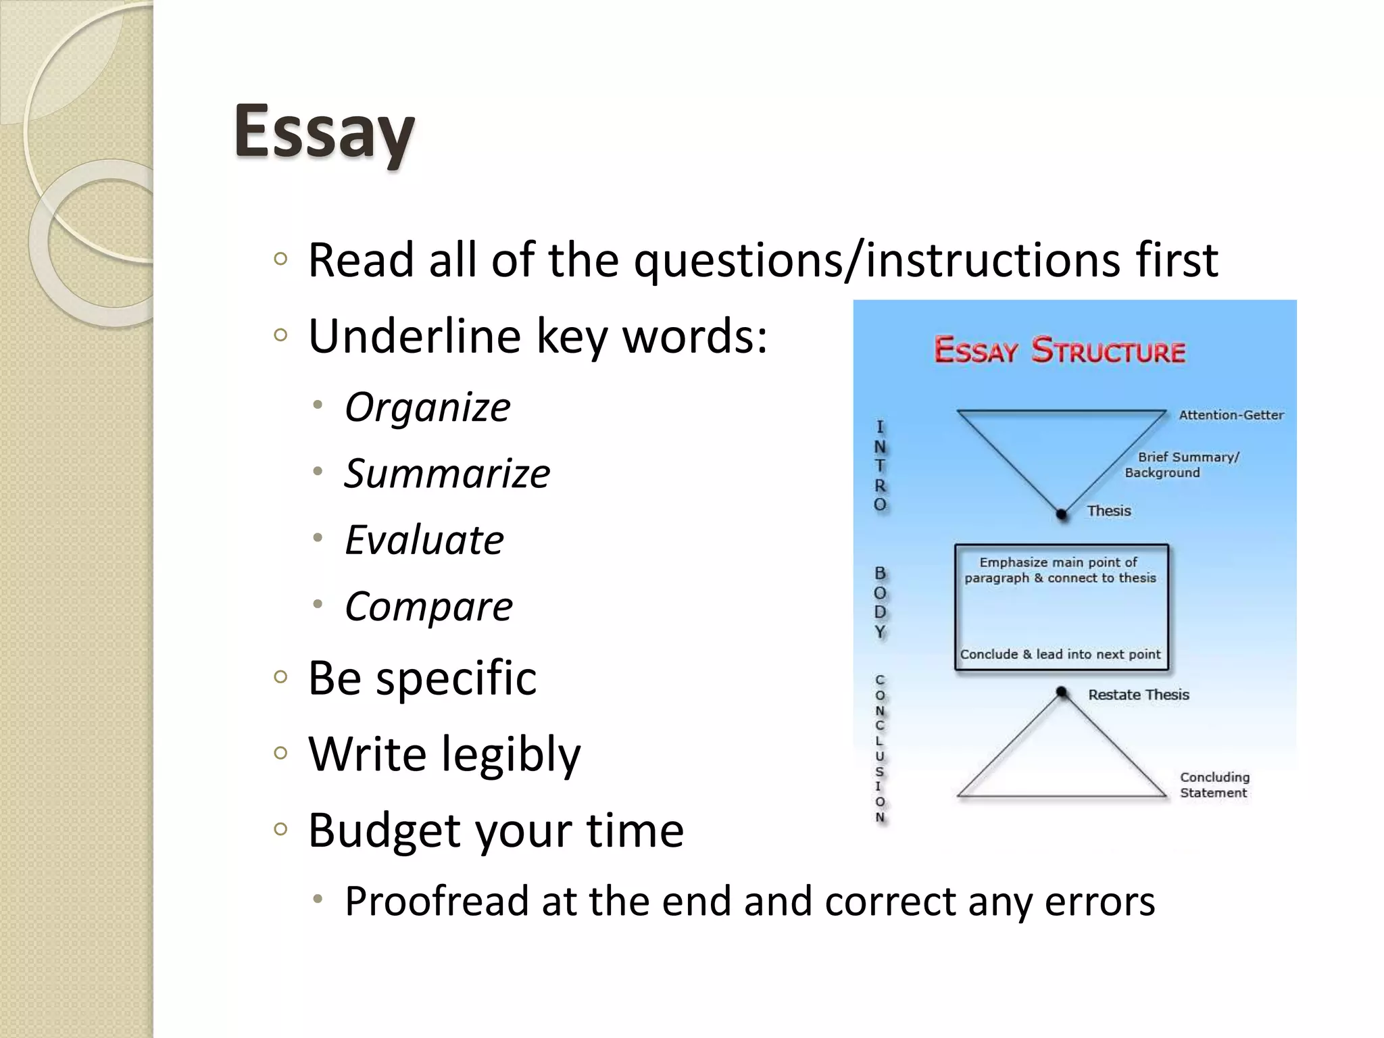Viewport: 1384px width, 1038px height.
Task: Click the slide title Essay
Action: click(324, 132)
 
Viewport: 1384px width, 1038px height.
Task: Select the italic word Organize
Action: click(427, 407)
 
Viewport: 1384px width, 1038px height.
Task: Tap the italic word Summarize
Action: click(447, 473)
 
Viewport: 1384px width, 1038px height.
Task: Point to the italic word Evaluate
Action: click(424, 540)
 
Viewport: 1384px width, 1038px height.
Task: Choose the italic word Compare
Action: click(428, 606)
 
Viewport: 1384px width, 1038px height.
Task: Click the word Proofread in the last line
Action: click(437, 901)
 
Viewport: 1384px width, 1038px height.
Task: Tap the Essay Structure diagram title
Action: click(1059, 351)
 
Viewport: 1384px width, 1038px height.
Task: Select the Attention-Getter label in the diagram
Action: click(1231, 415)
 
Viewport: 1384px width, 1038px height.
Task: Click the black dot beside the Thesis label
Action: click(1062, 514)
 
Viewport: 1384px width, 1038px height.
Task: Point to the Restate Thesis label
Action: click(1138, 695)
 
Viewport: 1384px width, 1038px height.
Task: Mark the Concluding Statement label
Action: click(1214, 785)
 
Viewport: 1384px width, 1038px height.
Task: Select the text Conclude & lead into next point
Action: click(1060, 654)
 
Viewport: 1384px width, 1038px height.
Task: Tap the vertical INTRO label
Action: click(880, 466)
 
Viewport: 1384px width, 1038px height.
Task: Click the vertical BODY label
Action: click(880, 602)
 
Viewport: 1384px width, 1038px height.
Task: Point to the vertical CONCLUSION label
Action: click(880, 748)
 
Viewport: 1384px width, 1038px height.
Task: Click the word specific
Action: click(456, 678)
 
